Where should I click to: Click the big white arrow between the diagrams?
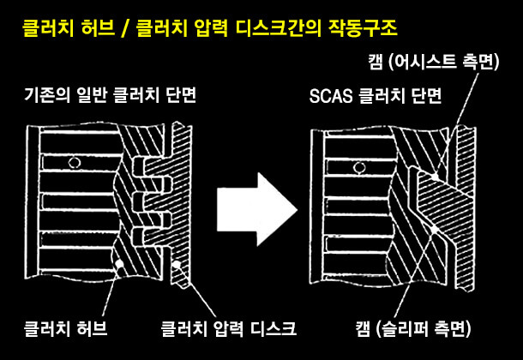tap(253, 205)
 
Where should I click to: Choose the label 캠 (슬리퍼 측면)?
tap(412, 327)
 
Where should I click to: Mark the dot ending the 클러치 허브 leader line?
tap(119, 264)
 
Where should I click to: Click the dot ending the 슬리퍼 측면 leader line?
tap(436, 232)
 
